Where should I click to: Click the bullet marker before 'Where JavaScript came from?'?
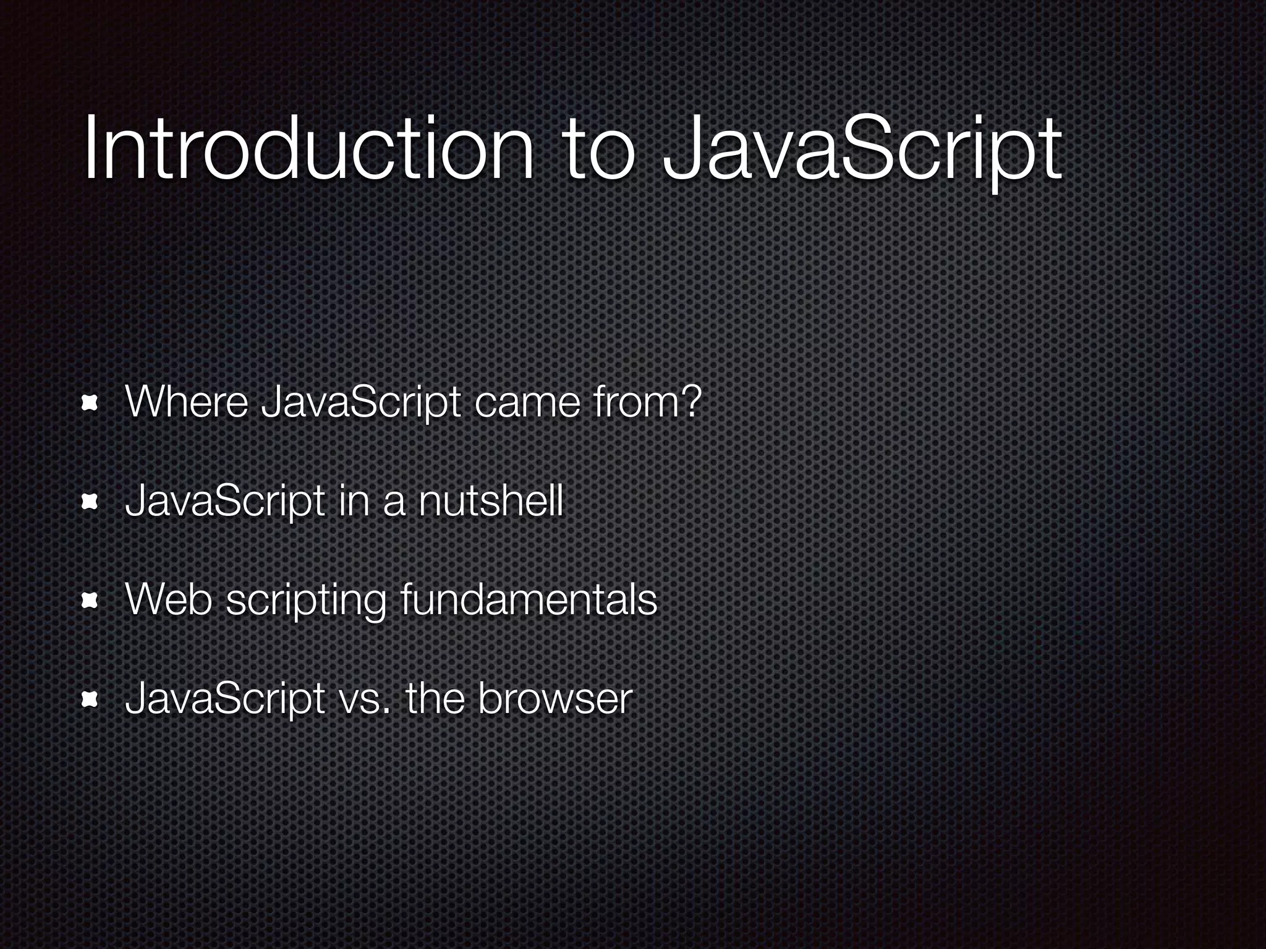coord(91,403)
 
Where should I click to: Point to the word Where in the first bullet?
coord(186,402)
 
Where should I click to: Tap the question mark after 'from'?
coord(691,401)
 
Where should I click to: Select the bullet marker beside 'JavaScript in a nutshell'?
coord(91,502)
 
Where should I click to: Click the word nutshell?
coord(490,501)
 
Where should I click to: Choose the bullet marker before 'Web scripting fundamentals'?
coord(91,601)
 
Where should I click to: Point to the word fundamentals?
coord(528,600)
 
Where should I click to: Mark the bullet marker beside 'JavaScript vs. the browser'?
coord(91,699)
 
